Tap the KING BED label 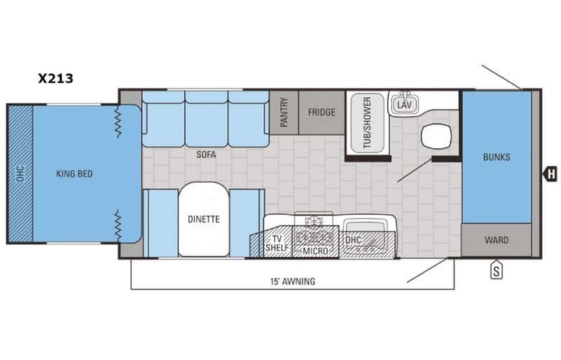[x=74, y=174]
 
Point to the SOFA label [x=206, y=154]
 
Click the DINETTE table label [x=203, y=219]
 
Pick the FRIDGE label [x=322, y=113]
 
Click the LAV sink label [x=404, y=104]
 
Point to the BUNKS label [x=497, y=157]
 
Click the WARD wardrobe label [x=497, y=240]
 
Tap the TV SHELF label [x=276, y=244]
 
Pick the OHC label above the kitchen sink [x=353, y=239]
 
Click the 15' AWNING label [x=292, y=281]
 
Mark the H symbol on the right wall [x=550, y=174]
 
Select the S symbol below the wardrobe [x=497, y=269]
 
